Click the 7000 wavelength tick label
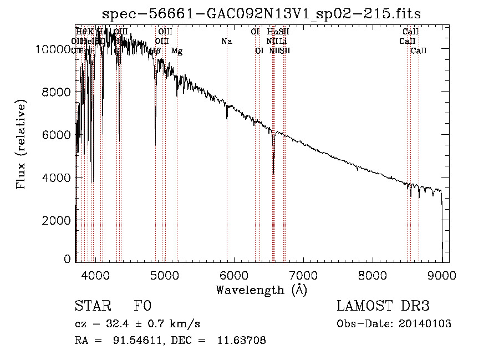point(303,275)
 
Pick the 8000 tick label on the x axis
point(373,275)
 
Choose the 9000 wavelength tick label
point(442,275)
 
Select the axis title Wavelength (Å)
point(261,290)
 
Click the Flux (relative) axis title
point(22,145)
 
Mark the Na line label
point(226,41)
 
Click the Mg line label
point(177,51)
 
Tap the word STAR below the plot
point(93,307)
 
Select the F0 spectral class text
point(142,307)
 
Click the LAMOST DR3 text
point(383,307)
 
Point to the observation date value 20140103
point(425,324)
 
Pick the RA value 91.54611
point(141,341)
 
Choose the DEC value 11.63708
point(242,341)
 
